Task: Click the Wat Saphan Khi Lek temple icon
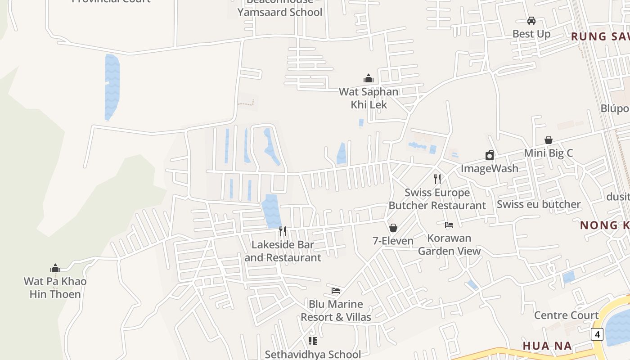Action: click(x=369, y=79)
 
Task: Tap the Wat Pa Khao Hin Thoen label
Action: click(x=55, y=288)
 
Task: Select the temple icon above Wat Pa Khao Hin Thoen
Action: click(x=55, y=269)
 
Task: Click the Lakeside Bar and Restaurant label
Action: click(x=283, y=251)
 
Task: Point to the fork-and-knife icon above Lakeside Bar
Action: click(x=283, y=231)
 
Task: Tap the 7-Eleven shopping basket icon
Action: click(x=393, y=228)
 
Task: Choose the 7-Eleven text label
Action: click(x=393, y=241)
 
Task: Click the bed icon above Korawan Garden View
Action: click(x=449, y=225)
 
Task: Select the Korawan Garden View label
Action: click(x=449, y=244)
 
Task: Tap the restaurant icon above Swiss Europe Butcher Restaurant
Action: click(x=437, y=179)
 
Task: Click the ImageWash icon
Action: click(x=490, y=156)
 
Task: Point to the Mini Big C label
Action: click(x=549, y=153)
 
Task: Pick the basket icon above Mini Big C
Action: click(x=549, y=140)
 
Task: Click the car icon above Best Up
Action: click(x=531, y=21)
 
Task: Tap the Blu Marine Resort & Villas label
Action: click(x=336, y=310)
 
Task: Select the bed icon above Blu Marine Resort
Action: click(x=336, y=291)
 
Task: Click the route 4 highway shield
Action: click(x=597, y=334)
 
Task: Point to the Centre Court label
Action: click(x=566, y=315)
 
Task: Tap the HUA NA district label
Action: click(x=547, y=346)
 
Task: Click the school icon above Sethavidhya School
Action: click(x=313, y=341)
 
